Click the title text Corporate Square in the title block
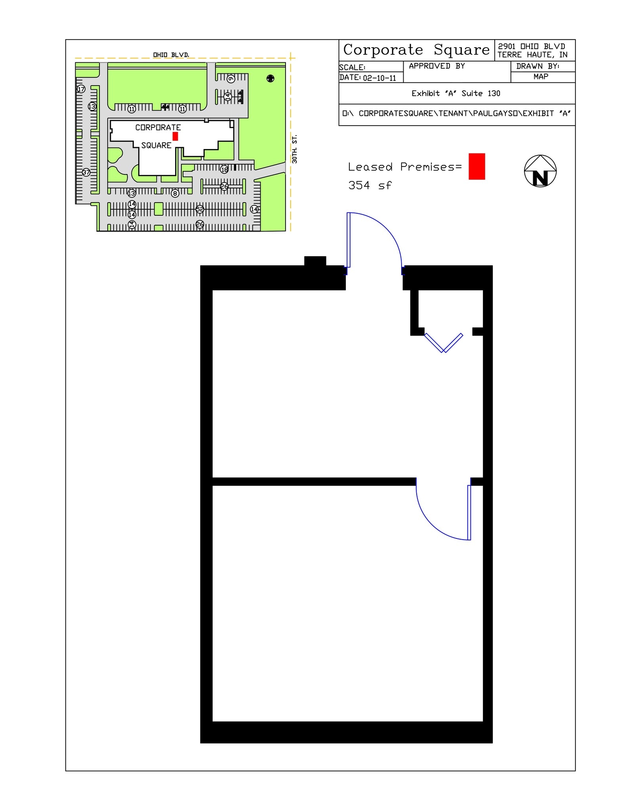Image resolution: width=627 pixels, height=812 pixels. point(416,50)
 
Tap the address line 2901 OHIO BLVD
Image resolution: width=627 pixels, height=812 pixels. point(531,46)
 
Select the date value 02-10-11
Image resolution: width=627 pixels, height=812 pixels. point(379,78)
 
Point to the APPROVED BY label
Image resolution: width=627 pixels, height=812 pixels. point(436,66)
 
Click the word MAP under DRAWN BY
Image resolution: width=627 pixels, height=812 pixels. point(541,77)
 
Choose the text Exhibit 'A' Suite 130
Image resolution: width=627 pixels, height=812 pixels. point(455,94)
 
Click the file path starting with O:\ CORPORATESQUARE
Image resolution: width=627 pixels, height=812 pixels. point(456,114)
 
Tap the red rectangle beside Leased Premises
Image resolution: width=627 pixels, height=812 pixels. point(476,167)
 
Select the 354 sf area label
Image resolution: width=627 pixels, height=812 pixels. point(370,185)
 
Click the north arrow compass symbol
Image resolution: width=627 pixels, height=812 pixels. point(540,171)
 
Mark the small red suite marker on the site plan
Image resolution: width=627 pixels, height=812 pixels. point(175,136)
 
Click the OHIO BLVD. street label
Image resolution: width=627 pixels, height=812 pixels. point(171,55)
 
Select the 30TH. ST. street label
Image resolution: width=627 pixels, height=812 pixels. point(294,149)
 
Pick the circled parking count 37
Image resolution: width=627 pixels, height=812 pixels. point(86,172)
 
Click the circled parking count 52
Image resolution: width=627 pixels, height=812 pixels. point(200,209)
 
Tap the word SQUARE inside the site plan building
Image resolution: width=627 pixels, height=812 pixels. point(156,146)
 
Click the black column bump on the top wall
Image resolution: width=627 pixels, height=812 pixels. point(315,261)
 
